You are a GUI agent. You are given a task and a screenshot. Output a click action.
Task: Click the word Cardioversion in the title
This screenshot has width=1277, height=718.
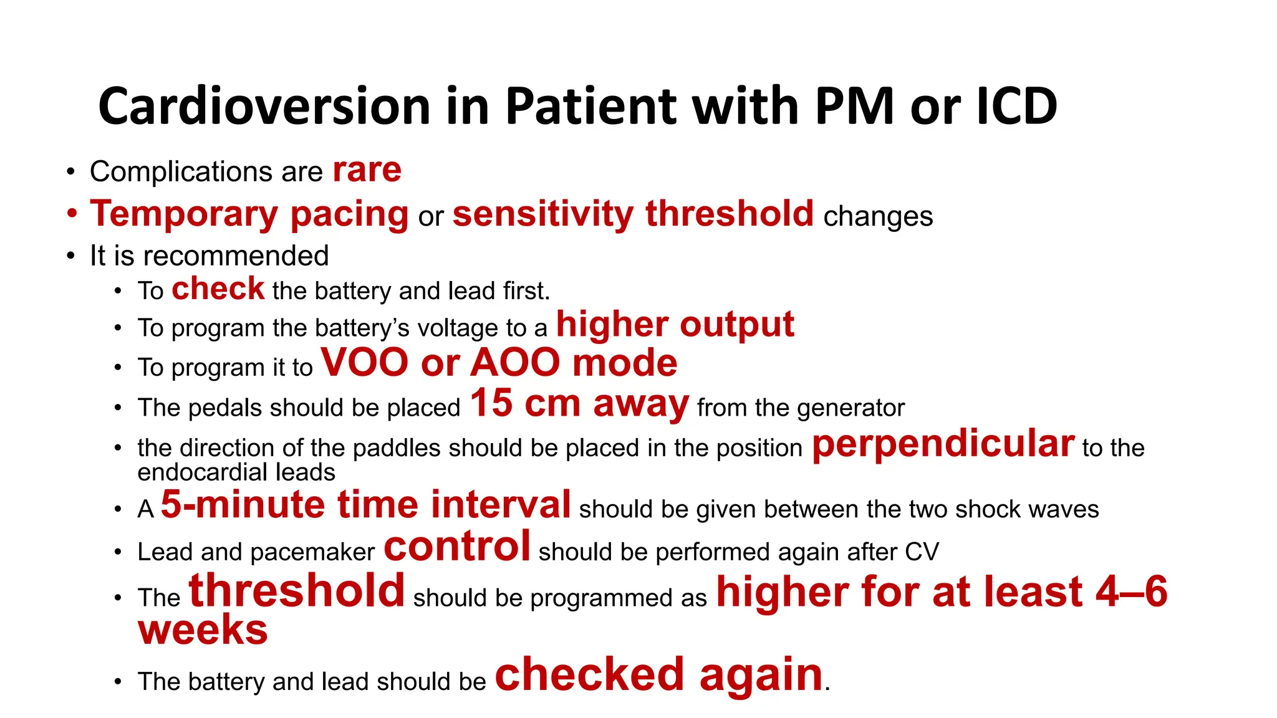pos(264,107)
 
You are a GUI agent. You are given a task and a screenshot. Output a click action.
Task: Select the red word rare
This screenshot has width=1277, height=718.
pos(367,170)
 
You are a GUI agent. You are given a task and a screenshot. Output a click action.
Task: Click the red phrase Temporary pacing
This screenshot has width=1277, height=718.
pos(249,214)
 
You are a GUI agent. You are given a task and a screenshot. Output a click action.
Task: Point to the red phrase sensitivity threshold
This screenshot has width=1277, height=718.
pos(633,214)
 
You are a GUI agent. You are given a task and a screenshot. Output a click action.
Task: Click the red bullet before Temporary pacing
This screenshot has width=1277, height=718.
pos(72,214)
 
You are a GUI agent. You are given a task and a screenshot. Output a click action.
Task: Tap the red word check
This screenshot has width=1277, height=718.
pos(218,289)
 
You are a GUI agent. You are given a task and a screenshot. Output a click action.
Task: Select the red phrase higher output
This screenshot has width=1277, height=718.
pos(675,325)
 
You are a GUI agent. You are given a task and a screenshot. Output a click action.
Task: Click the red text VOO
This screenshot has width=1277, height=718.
pos(364,363)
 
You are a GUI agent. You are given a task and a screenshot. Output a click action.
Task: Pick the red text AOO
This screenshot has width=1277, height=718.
pos(515,363)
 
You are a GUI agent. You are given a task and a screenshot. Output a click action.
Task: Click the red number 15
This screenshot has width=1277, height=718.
pos(491,403)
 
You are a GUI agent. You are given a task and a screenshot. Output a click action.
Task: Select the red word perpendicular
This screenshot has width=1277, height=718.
pos(943,444)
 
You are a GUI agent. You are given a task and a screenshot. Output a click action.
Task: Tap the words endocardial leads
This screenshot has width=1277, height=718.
pos(236,472)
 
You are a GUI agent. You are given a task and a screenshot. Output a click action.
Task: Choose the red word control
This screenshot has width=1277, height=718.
pos(456,547)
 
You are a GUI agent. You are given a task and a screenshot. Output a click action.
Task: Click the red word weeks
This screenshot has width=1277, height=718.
pos(203,629)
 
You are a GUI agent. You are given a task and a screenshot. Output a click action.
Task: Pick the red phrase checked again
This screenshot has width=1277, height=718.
pos(658,675)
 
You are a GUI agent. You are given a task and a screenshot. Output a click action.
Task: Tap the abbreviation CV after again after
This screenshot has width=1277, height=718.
pos(922,552)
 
